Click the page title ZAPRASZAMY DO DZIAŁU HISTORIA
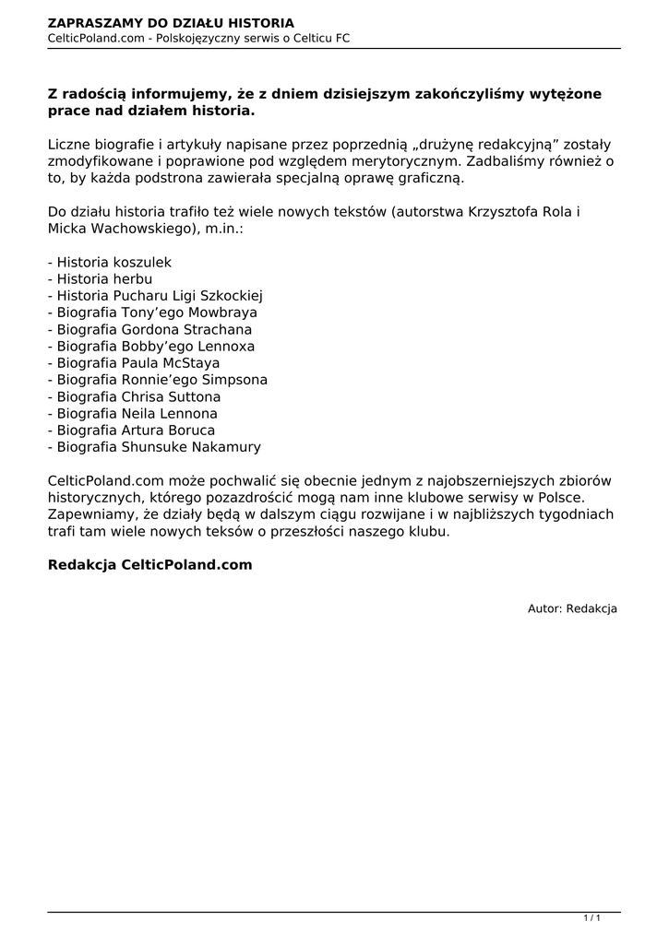[x=171, y=22]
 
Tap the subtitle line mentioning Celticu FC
[x=198, y=38]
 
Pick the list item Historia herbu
[x=100, y=279]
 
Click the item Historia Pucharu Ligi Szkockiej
[x=156, y=296]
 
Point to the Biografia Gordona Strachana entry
[x=149, y=329]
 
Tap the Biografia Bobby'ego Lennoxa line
[x=151, y=347]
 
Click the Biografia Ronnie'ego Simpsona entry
[x=158, y=380]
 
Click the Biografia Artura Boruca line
[x=131, y=431]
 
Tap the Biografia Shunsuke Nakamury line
[x=154, y=447]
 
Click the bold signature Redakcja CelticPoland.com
[x=149, y=565]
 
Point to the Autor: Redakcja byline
[x=572, y=609]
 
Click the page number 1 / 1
[x=592, y=918]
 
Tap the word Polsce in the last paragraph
[x=557, y=499]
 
